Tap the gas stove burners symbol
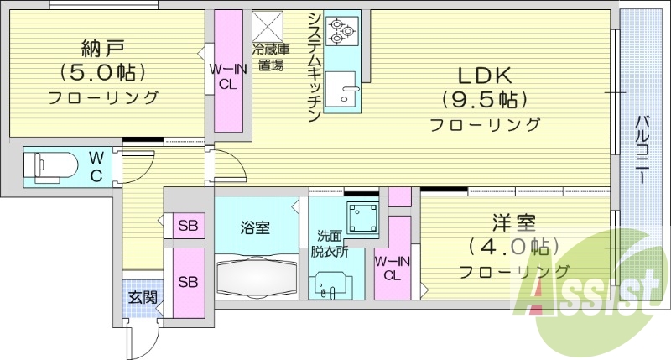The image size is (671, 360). click(x=341, y=29)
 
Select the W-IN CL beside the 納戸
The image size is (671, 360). click(x=227, y=73)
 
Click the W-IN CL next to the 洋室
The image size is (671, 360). click(x=392, y=267)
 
